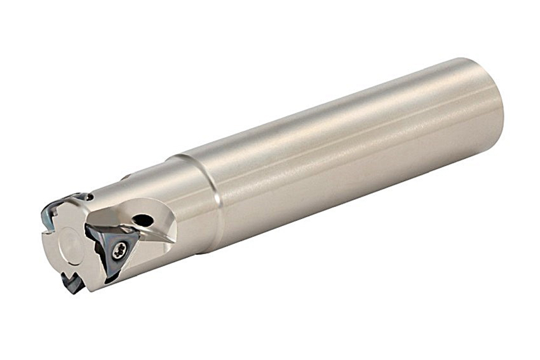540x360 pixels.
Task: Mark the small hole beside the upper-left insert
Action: [x=89, y=197]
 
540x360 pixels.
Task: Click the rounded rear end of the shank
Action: [x=492, y=102]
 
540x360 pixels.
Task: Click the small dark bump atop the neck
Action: [x=125, y=177]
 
